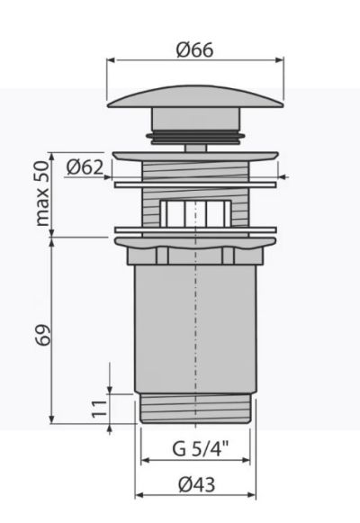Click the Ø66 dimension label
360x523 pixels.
tap(195, 50)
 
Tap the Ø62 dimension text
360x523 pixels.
tap(85, 167)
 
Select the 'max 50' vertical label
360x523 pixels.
tap(43, 194)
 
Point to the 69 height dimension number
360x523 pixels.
tap(43, 335)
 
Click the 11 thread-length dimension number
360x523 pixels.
tap(100, 409)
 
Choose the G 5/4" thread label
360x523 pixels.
tap(201, 448)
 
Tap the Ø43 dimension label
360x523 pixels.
tap(197, 484)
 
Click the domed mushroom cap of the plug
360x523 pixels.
tap(195, 97)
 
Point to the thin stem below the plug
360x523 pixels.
tap(195, 149)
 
